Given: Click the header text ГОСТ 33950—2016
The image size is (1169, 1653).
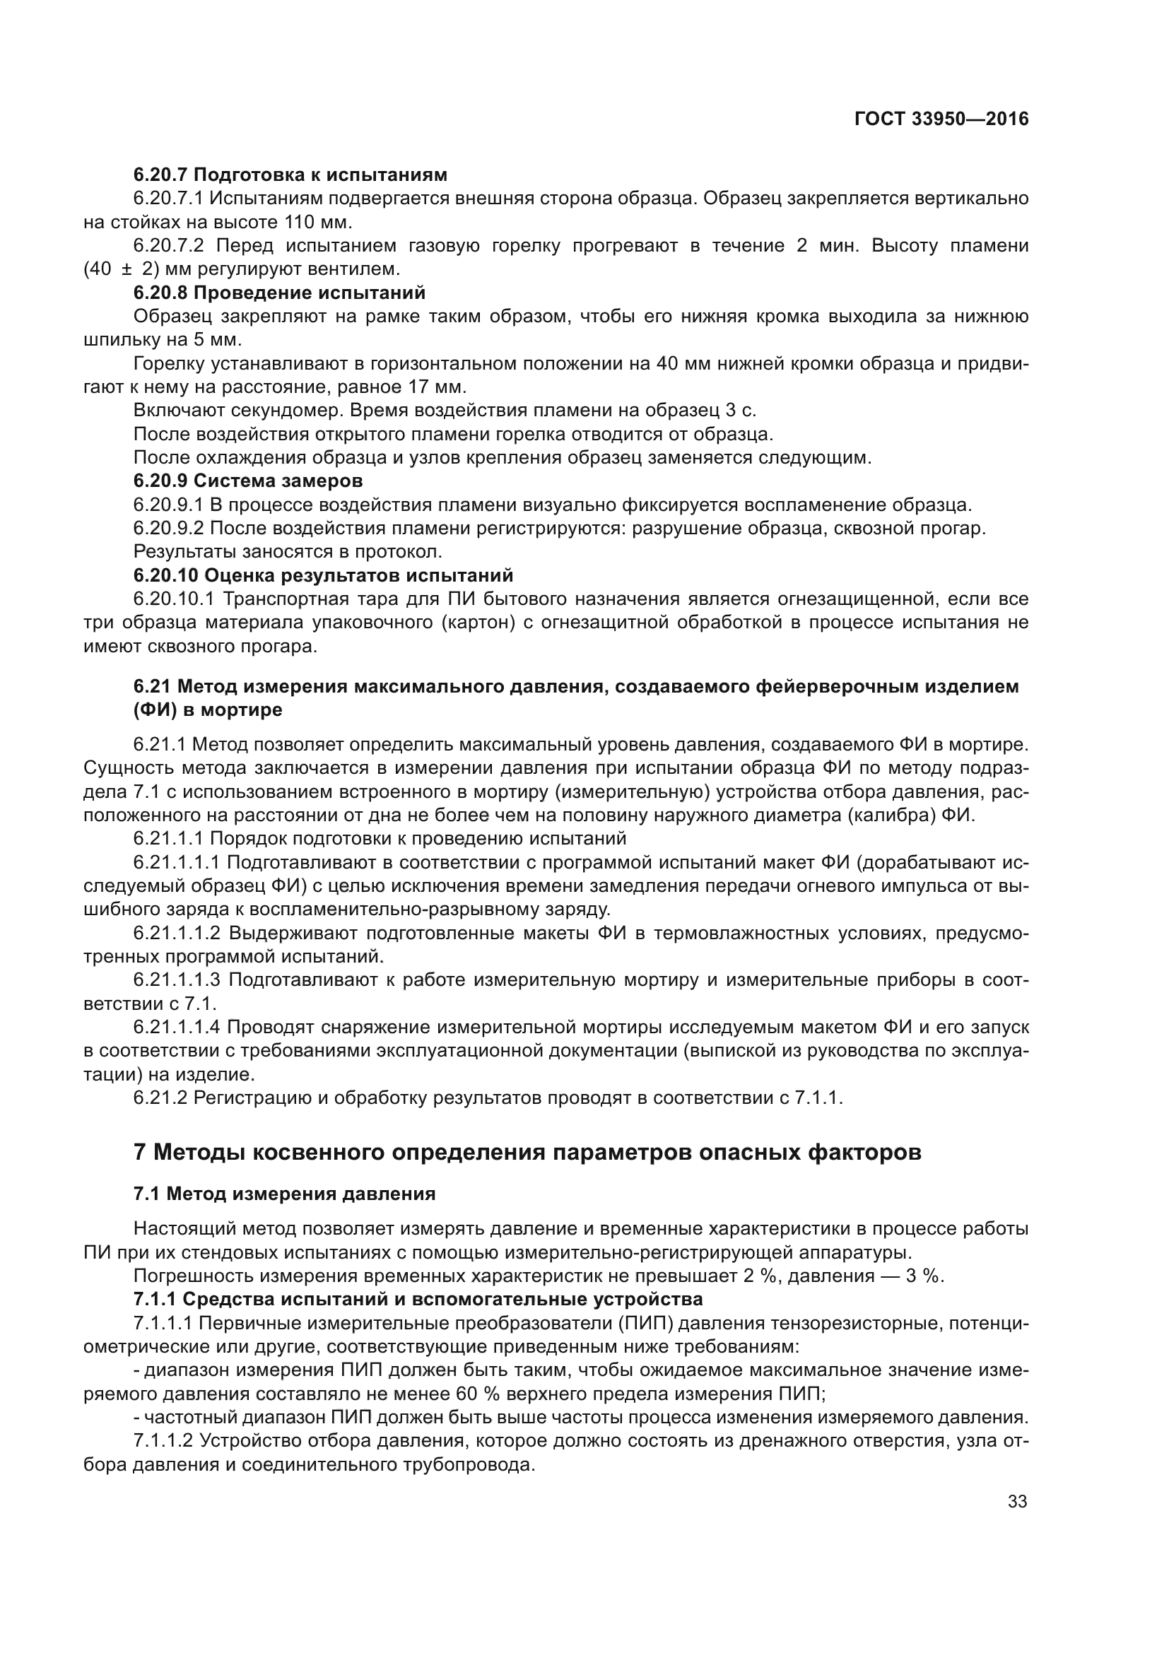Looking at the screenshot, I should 941,119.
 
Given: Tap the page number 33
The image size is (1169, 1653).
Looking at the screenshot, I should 1017,1501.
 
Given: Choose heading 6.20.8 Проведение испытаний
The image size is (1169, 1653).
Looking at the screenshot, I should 279,293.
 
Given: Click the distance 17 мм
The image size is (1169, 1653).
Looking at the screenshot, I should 436,387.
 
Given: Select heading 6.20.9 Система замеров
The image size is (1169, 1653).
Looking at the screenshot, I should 247,480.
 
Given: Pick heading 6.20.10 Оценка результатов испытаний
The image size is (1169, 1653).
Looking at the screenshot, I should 323,575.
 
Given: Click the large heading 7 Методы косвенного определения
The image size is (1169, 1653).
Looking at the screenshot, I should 527,1153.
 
